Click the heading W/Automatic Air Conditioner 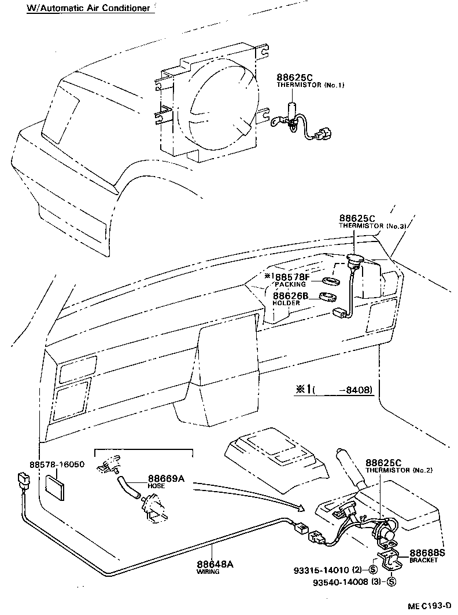click(x=91, y=9)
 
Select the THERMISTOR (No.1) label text click(x=310, y=85)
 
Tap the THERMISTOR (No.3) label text click(x=372, y=226)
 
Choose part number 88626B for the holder click(x=291, y=295)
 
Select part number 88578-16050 click(x=57, y=464)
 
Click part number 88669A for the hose click(x=166, y=478)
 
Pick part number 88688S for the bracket click(x=427, y=553)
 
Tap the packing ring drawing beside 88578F click(x=331, y=281)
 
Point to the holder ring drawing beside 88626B click(x=329, y=298)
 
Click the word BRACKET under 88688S click(x=423, y=561)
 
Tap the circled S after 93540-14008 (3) click(x=391, y=582)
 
